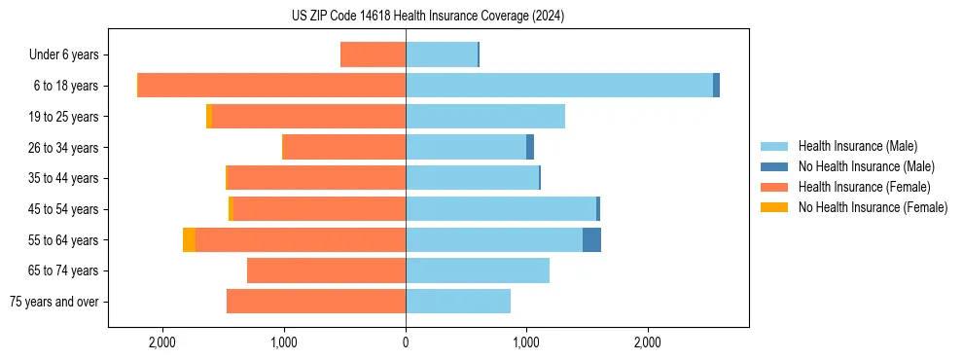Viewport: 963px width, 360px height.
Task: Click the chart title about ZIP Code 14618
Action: coord(427,17)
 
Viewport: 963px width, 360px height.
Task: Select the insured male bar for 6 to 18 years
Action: coord(559,86)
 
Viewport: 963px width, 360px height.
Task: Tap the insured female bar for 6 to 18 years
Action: coord(272,86)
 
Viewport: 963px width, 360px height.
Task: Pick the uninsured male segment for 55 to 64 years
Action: coord(591,239)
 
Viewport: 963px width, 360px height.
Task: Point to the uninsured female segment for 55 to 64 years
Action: coord(189,239)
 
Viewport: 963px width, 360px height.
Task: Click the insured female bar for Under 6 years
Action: coord(374,54)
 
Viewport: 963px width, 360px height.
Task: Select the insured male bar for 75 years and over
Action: coord(458,302)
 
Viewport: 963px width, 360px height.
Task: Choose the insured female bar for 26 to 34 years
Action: coord(344,147)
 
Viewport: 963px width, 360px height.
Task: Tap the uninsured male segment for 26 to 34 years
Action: coord(530,147)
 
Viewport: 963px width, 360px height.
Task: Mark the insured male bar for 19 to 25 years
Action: coord(485,117)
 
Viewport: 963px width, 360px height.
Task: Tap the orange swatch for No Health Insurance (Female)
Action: coord(775,207)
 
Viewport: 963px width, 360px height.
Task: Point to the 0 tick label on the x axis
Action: coord(406,342)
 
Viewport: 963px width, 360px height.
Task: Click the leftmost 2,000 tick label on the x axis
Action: coord(162,342)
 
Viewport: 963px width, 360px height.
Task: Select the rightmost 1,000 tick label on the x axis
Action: coord(526,342)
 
